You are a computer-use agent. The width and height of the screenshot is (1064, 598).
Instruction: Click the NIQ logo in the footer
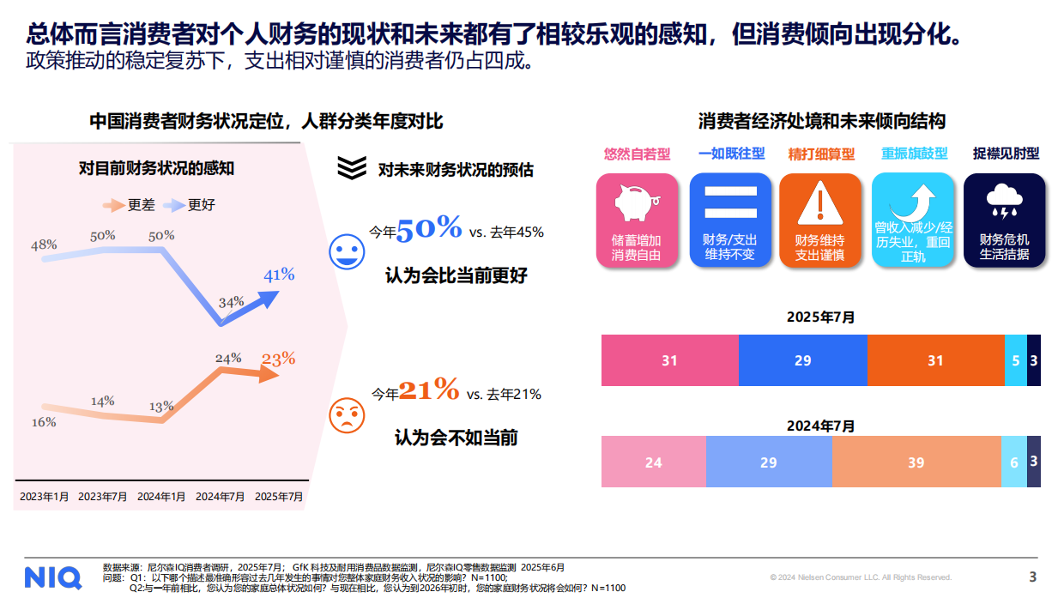pyautogui.click(x=52, y=577)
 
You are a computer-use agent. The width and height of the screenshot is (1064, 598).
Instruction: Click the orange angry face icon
pyautogui.click(x=347, y=415)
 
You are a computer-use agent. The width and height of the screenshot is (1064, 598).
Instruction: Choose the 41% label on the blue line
pyautogui.click(x=279, y=275)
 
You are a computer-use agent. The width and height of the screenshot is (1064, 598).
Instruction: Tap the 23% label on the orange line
pyautogui.click(x=278, y=359)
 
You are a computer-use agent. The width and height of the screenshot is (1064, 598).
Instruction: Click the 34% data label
pyautogui.click(x=232, y=302)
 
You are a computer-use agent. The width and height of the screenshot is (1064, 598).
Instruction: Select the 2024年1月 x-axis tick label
pyautogui.click(x=162, y=496)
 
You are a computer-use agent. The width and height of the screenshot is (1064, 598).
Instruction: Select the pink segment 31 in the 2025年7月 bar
pyautogui.click(x=669, y=360)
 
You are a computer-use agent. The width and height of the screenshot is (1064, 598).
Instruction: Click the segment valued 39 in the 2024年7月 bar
pyautogui.click(x=916, y=462)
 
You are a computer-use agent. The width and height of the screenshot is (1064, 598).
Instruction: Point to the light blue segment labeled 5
pyautogui.click(x=1015, y=360)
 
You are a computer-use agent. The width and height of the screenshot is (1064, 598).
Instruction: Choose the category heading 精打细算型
pyautogui.click(x=821, y=154)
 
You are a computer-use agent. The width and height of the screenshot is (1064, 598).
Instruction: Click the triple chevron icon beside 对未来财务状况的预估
pyautogui.click(x=352, y=167)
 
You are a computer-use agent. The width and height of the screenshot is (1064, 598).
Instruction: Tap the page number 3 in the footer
pyautogui.click(x=1033, y=577)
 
